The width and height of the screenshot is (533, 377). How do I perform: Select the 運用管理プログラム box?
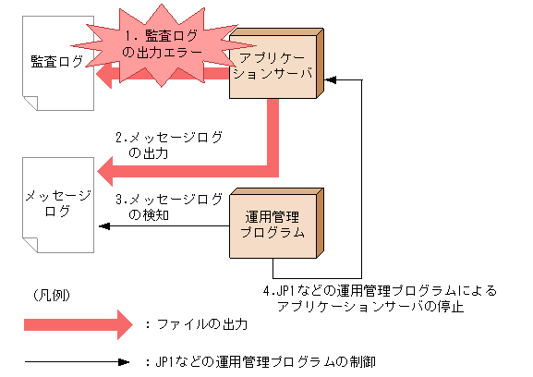tap(273, 225)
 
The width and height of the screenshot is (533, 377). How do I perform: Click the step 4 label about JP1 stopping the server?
tap(379, 298)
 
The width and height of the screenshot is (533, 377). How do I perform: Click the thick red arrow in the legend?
tap(79, 324)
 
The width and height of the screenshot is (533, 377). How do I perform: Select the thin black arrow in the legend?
tap(79, 361)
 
